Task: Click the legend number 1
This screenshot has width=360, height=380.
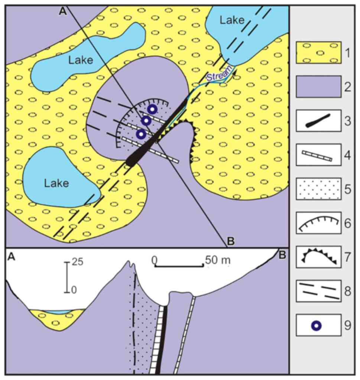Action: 347,53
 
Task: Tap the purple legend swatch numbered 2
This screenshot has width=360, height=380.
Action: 318,87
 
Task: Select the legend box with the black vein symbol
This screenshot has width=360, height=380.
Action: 318,121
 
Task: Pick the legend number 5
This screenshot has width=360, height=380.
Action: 348,189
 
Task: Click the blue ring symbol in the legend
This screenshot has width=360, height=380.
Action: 317,326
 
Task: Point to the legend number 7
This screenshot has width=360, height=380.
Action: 348,257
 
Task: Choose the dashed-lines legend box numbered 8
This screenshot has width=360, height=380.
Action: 318,291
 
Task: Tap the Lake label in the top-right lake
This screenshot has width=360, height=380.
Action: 232,20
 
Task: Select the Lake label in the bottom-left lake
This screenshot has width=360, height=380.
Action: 56,183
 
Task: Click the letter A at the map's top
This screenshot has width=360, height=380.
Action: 63,12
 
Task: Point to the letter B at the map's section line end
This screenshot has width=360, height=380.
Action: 231,241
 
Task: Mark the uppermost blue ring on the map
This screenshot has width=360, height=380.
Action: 152,110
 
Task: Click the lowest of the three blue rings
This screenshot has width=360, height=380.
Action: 141,134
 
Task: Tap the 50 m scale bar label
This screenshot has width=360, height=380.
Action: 218,260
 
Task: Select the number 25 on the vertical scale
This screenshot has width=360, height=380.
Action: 77,262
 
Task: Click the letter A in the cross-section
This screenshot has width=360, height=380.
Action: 12,257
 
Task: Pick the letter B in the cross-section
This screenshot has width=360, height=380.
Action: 282,255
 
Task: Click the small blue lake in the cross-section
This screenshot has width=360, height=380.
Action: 58,312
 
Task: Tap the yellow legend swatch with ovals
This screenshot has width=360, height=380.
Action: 318,52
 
